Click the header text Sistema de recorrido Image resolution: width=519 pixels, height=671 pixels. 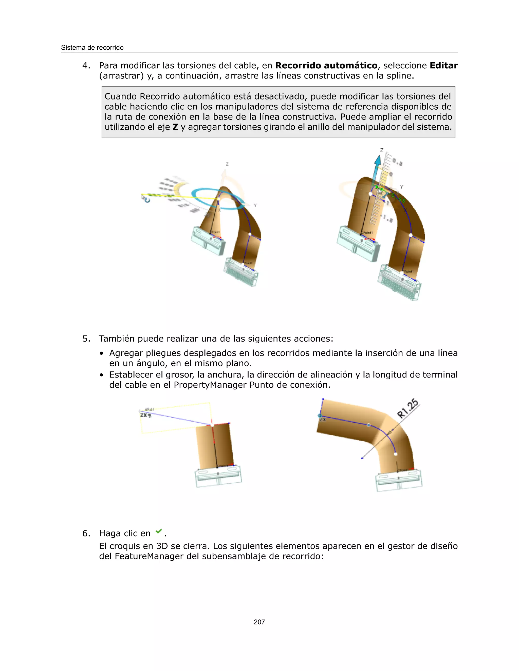(92, 48)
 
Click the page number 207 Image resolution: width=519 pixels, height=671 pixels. (259, 622)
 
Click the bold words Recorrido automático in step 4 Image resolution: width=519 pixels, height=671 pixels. (326, 65)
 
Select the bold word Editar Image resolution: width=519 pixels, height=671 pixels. (443, 65)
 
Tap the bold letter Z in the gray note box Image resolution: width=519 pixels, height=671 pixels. (175, 127)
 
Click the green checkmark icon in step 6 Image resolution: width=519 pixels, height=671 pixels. (159, 531)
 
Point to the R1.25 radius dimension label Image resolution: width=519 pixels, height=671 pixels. (408, 408)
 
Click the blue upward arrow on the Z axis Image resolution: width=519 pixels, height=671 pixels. (377, 166)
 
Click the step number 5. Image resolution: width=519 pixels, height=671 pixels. (86, 339)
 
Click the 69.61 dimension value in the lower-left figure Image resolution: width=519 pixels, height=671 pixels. (150, 409)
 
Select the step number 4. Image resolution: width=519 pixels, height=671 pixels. (86, 65)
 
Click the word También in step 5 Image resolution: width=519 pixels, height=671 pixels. (117, 339)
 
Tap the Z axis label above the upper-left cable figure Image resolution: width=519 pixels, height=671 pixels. (227, 164)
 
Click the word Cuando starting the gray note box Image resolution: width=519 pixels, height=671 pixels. (121, 96)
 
